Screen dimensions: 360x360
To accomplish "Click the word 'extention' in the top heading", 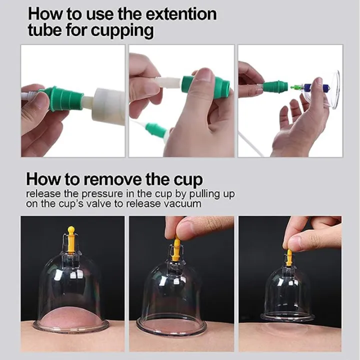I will (x=177, y=13).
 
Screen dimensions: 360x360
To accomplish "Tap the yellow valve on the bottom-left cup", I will (x=71, y=238).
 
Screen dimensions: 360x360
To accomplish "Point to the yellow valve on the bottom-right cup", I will (x=289, y=257).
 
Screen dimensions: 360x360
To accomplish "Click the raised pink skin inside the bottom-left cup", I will (x=71, y=315).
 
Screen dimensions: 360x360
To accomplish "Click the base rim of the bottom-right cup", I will (x=288, y=317).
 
